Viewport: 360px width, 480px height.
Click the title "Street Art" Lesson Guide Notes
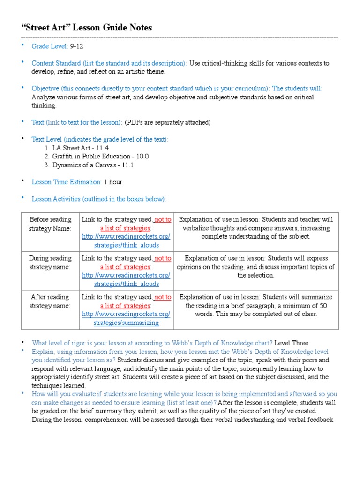(87, 28)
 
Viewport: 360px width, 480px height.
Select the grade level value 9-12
(77, 46)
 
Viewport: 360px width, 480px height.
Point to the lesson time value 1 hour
(113, 182)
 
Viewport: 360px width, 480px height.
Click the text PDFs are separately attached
(168, 122)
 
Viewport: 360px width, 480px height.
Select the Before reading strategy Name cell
(50, 224)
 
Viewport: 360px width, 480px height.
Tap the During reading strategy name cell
(50, 262)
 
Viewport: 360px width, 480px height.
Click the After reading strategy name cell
(50, 301)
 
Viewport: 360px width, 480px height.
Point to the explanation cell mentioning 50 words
(256, 306)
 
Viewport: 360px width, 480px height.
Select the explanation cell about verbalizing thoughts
(256, 228)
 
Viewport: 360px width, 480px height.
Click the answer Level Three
(292, 343)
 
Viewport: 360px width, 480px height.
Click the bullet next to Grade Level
(22, 45)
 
